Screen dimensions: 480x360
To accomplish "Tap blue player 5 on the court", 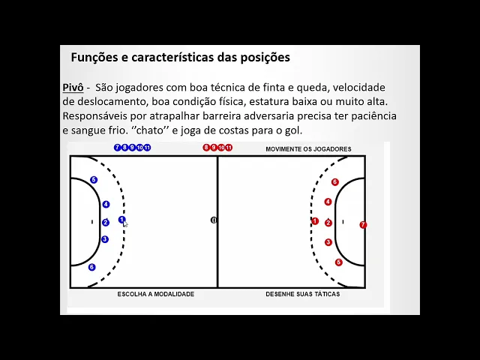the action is [x=94, y=180].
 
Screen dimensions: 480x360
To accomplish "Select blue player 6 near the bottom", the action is [x=91, y=267].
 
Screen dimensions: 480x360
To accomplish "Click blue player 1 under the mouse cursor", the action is [x=121, y=220].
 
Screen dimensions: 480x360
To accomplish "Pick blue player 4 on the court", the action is [x=106, y=204].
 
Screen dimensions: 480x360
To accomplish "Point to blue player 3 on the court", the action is [x=105, y=239].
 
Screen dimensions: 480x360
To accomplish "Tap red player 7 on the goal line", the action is [x=363, y=225].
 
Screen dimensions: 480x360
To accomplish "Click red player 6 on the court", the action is [x=335, y=182].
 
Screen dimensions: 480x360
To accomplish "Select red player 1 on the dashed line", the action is [x=315, y=221].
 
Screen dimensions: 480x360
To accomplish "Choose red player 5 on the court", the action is [x=339, y=262].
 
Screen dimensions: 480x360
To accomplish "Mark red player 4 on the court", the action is [x=328, y=202].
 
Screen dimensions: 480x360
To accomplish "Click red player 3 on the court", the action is [x=328, y=242].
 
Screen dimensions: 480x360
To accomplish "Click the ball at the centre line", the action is [x=214, y=220].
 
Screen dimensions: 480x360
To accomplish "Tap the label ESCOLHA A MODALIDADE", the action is [x=156, y=294].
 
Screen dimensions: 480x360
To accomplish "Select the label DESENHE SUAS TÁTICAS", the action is [x=303, y=294].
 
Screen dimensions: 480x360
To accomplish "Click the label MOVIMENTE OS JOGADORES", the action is [x=308, y=149].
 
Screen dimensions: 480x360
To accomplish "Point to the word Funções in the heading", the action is [x=94, y=57].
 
